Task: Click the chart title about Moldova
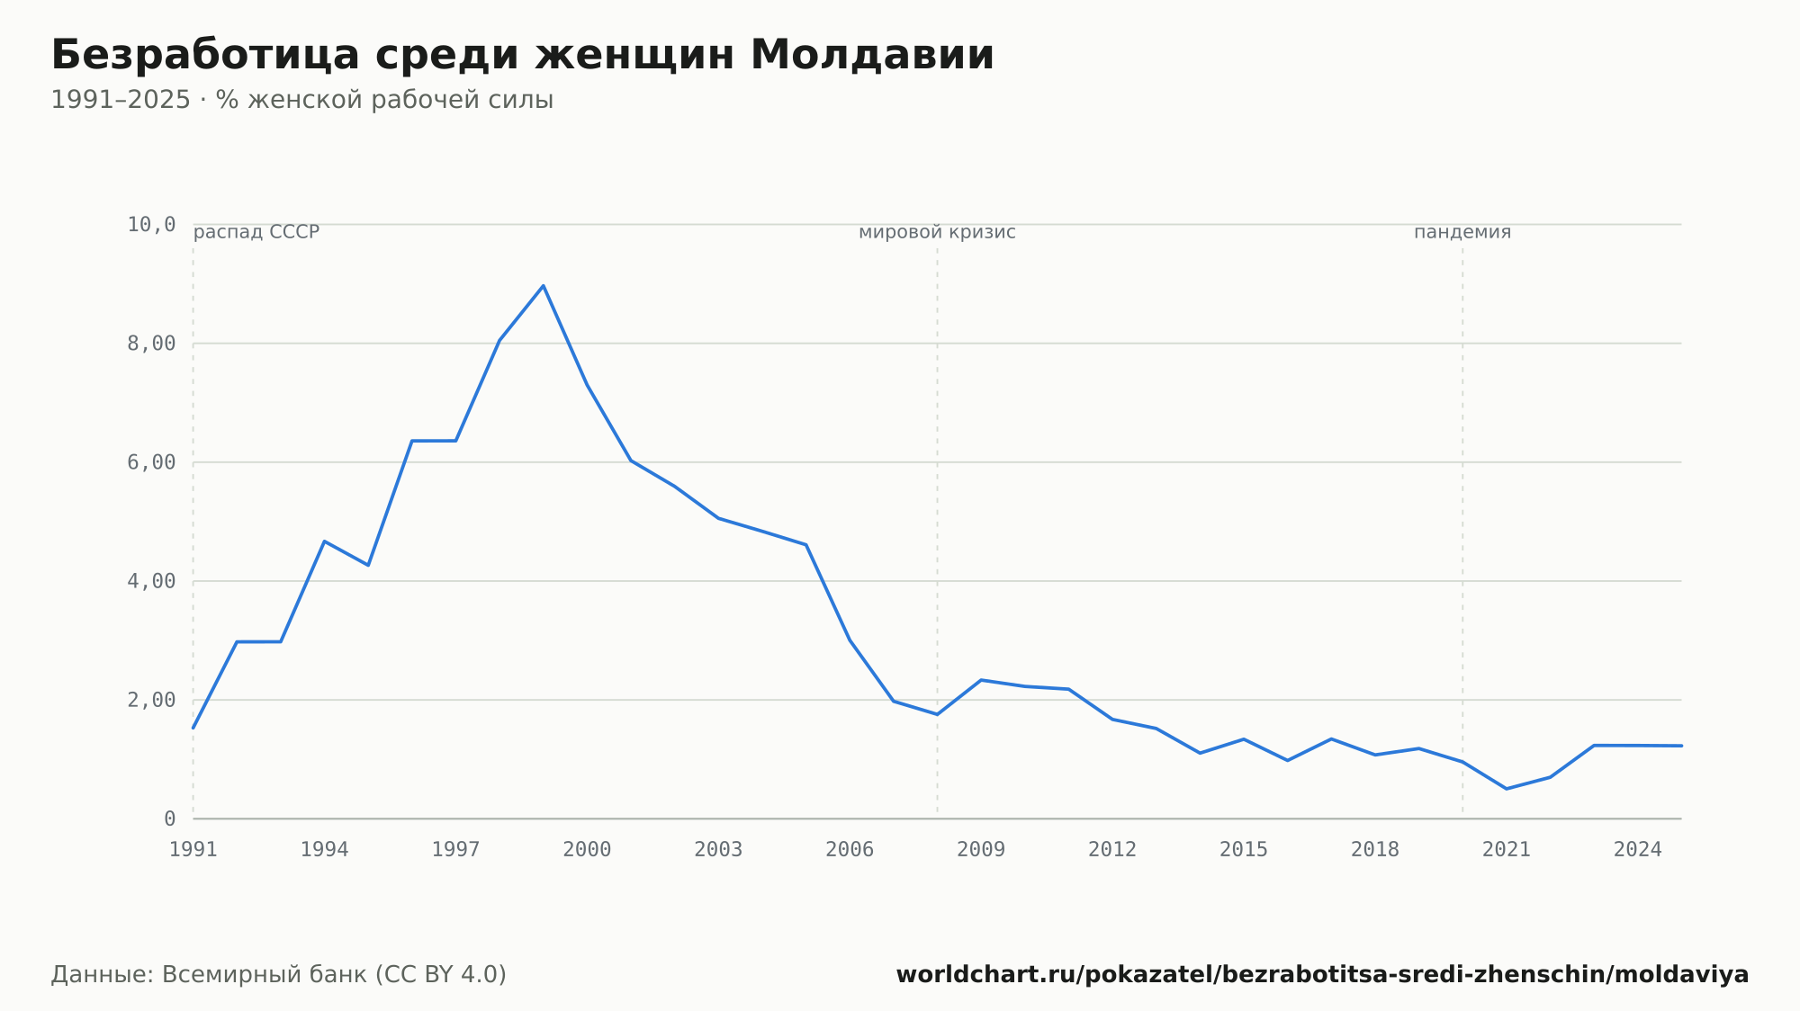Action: click(x=523, y=55)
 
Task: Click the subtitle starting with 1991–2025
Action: click(x=302, y=100)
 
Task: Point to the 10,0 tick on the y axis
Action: click(x=151, y=224)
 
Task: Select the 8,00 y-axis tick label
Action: click(x=151, y=344)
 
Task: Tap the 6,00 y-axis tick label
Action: click(x=151, y=462)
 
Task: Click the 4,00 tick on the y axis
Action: click(x=151, y=581)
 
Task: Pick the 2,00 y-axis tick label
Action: click(x=151, y=700)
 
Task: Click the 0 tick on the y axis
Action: click(x=169, y=819)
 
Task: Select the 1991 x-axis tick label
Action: click(x=193, y=850)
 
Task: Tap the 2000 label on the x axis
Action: click(x=587, y=850)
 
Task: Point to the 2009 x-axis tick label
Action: click(x=981, y=850)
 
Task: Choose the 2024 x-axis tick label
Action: click(x=1638, y=850)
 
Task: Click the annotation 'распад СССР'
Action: click(x=256, y=232)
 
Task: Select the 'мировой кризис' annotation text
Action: click(x=937, y=232)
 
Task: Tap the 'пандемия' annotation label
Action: click(x=1462, y=232)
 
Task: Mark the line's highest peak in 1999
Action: click(x=544, y=286)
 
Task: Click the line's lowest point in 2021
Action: click(x=1507, y=789)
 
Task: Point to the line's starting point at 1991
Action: click(x=193, y=728)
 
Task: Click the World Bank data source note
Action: click(x=279, y=975)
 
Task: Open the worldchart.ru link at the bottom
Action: click(x=1322, y=975)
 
